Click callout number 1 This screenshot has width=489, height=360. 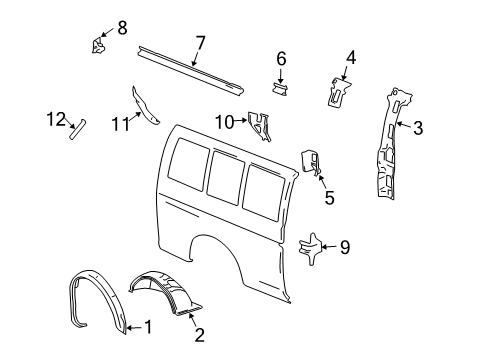coord(148,326)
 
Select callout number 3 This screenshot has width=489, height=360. coord(419,126)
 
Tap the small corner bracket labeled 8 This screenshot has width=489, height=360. coord(100,45)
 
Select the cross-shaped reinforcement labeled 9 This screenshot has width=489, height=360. coord(313,247)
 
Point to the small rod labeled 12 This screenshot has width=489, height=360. coord(77,129)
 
